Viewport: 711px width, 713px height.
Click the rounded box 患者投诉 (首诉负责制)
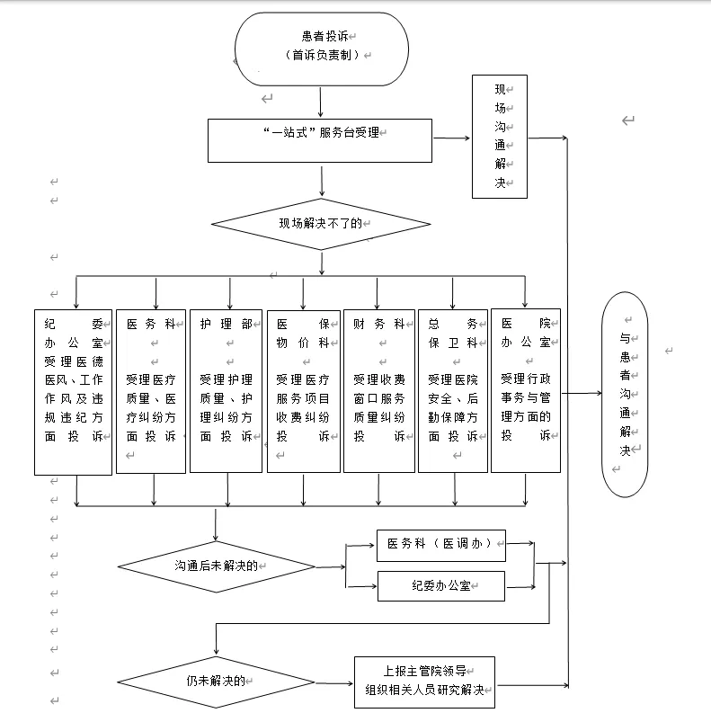point(321,49)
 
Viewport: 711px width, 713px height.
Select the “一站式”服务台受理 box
point(320,140)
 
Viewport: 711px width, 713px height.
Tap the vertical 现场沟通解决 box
point(500,136)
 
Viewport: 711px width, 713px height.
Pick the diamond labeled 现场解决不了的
point(321,223)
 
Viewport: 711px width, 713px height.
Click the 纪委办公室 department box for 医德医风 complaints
point(74,391)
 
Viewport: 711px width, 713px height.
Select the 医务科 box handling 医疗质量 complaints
point(151,390)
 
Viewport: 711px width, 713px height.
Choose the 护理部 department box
point(227,390)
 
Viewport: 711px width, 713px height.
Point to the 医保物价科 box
point(303,390)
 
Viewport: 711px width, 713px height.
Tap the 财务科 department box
point(378,390)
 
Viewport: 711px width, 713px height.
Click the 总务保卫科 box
point(453,390)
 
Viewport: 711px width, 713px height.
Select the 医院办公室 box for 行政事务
point(526,390)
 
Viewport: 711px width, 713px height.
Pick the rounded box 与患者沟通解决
point(626,394)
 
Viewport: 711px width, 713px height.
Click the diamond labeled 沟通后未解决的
point(217,566)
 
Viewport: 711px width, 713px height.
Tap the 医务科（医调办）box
point(440,543)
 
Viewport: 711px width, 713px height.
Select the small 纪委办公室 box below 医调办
point(440,586)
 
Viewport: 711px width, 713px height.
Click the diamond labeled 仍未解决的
point(217,681)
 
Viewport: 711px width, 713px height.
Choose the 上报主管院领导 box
point(425,681)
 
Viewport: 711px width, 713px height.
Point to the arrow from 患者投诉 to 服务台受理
point(321,102)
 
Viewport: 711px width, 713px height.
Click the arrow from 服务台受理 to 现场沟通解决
point(452,138)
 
